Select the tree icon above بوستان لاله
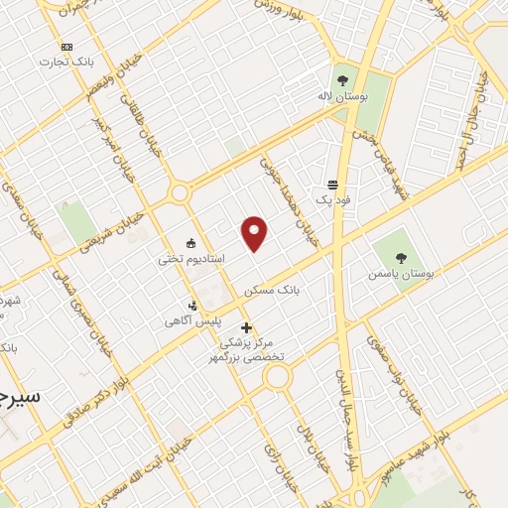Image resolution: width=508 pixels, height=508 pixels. pos(342,80)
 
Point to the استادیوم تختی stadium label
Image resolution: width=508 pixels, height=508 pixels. pos(191,258)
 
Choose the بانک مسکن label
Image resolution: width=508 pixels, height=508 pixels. pos(272,290)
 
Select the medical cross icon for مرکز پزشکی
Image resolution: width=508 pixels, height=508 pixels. pos(246,327)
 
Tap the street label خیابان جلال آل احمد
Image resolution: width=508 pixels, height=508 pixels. pos(472,119)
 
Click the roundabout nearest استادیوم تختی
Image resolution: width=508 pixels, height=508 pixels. pos(179,192)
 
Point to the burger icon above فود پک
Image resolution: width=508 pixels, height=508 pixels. pos(331,185)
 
